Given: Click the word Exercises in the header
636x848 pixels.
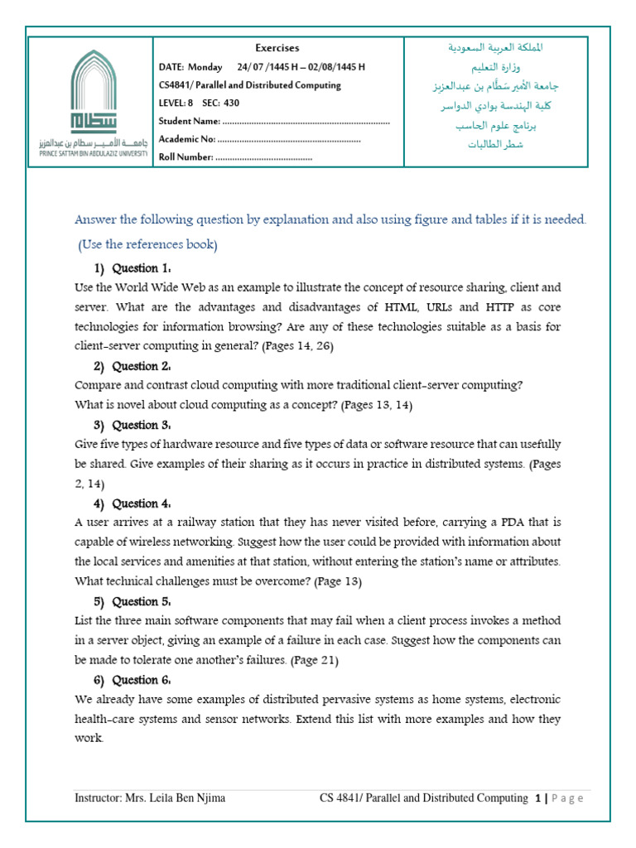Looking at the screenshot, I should point(277,48).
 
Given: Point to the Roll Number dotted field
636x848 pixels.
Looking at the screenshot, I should point(264,157).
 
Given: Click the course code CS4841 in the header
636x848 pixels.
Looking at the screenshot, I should point(174,85).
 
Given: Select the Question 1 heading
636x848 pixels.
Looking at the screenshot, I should point(141,268).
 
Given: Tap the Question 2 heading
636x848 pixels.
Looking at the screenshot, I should point(141,366).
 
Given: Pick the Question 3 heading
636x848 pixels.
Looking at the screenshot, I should point(141,425).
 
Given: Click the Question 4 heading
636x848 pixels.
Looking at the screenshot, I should point(141,503).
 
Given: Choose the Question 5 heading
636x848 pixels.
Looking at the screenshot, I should point(141,601).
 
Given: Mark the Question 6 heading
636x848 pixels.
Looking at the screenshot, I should point(141,680).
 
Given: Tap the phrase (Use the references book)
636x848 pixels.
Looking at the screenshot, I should point(148,245).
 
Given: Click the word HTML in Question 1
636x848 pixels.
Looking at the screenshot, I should point(394,307).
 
